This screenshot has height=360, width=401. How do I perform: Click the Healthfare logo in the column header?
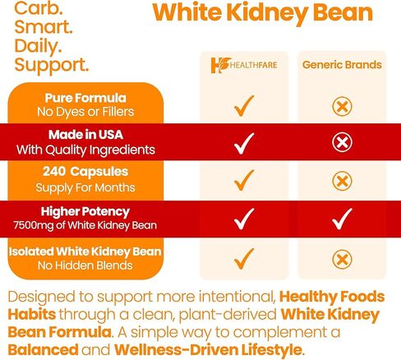243,65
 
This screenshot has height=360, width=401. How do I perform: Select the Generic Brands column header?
342,64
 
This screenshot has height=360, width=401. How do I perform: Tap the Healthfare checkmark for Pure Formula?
243,105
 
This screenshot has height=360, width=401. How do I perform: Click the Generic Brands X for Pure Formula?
342,105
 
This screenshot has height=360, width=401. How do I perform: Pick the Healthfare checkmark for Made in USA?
243,143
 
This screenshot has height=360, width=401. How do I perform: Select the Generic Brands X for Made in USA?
342,143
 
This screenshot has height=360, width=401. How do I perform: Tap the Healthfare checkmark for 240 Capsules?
243,181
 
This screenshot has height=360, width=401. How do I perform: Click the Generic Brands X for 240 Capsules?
342,181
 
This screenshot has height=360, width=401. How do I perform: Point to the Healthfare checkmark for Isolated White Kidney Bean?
243,258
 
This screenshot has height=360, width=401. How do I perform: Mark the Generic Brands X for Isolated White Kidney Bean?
342,258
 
